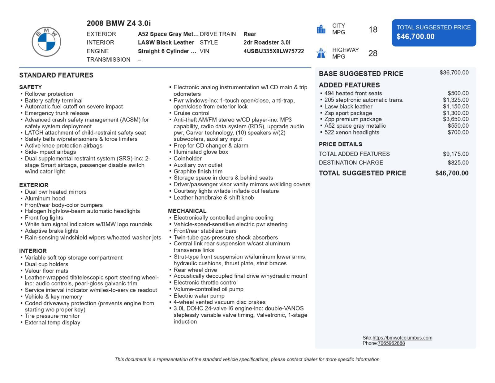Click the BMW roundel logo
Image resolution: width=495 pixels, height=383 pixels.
pos(46,42)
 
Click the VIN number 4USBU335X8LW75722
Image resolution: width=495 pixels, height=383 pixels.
pos(273,51)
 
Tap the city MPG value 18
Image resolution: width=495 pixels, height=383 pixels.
pos(373,29)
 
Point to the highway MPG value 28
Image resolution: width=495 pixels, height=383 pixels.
pos(373,53)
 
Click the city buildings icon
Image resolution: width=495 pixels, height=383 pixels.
pos(321,29)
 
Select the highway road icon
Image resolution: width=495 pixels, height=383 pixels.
pos(321,53)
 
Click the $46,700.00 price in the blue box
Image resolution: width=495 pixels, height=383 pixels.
pos(415,37)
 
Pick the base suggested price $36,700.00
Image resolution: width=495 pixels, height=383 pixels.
pos(454,73)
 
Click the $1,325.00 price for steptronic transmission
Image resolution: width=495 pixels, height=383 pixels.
pos(455,100)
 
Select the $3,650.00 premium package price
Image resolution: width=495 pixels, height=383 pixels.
pos(455,119)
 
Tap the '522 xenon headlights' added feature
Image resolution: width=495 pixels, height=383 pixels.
pos(351,132)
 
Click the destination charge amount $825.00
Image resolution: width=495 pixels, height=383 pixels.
pos(458,162)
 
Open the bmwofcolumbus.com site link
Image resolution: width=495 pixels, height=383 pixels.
pos(402,338)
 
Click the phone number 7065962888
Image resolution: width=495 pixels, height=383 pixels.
pos(391,343)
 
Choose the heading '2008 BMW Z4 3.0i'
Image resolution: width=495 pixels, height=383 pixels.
pos(119,23)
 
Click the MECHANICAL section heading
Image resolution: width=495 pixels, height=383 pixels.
pos(187,211)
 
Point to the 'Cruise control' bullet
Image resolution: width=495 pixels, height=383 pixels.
pos(191,113)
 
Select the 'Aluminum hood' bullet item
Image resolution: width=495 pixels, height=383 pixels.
pos(45,198)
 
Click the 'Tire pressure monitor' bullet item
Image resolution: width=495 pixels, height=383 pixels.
pos(52,316)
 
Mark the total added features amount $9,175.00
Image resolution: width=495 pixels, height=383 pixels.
pos(455,154)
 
